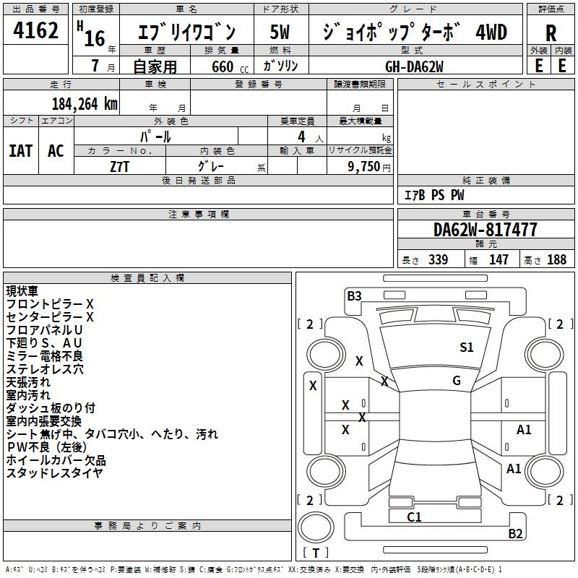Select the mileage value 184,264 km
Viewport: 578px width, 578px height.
point(85,103)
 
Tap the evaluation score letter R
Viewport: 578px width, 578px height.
point(551,33)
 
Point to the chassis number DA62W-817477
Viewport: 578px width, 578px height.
point(485,230)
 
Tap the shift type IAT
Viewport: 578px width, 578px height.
point(20,151)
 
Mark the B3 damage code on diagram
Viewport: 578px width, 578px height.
point(354,296)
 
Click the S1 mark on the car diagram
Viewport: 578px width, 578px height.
point(467,348)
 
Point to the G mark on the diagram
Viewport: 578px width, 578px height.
point(457,381)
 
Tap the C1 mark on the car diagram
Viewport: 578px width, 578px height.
point(414,517)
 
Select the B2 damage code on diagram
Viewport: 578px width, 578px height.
point(515,534)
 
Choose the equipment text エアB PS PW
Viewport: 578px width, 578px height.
point(433,196)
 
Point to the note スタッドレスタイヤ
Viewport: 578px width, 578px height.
point(54,473)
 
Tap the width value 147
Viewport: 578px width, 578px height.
point(499,260)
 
